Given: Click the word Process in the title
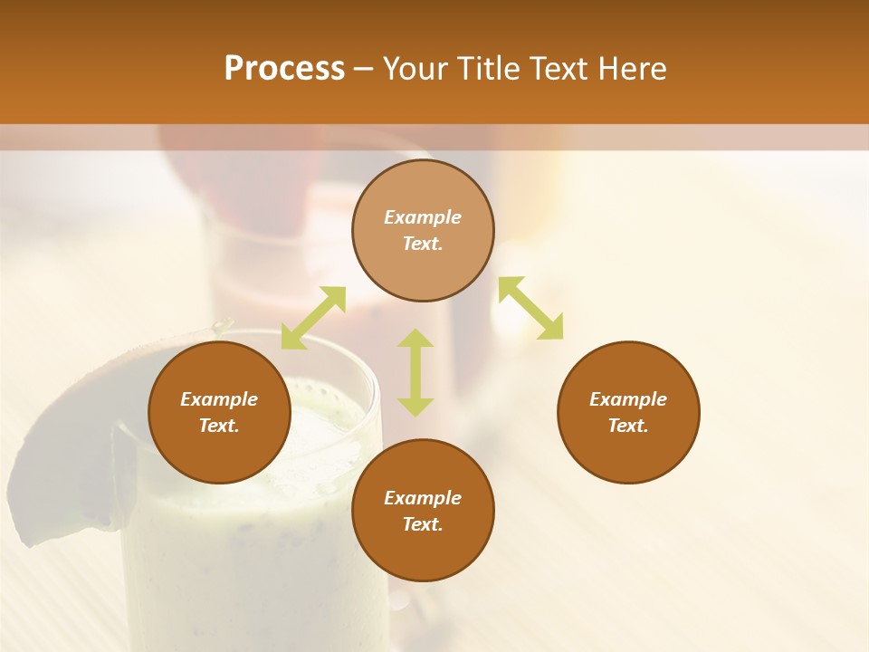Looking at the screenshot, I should pyautogui.click(x=284, y=69).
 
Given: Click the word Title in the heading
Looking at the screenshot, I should pyautogui.click(x=488, y=69).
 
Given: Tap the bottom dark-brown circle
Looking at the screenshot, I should pyautogui.click(x=423, y=552).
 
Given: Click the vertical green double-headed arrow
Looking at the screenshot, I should pyautogui.click(x=415, y=372).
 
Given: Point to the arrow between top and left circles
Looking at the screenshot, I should pyautogui.click(x=313, y=318).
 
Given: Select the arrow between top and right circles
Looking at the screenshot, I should pyautogui.click(x=530, y=308).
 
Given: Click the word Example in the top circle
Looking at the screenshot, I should pyautogui.click(x=423, y=217).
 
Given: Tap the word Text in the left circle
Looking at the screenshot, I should pyautogui.click(x=219, y=426).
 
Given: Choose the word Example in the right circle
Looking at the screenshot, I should pyautogui.click(x=628, y=399).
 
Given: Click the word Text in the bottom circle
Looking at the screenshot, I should pyautogui.click(x=423, y=524).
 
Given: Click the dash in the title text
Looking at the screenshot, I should pyautogui.click(x=363, y=70).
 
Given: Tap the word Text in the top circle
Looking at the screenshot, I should pyautogui.click(x=423, y=244).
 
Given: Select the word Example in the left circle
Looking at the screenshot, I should pyautogui.click(x=219, y=399).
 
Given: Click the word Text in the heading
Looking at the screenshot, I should pyautogui.click(x=561, y=69).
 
